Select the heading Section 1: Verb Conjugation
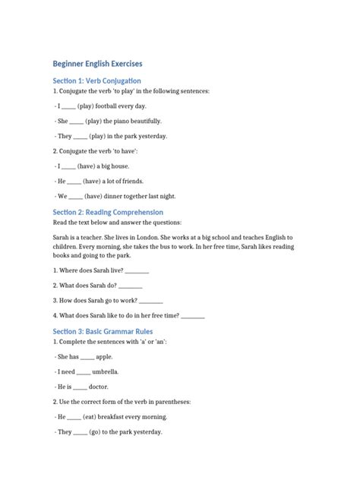click(96, 81)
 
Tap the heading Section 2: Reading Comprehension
click(108, 212)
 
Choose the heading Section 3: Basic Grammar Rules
click(102, 331)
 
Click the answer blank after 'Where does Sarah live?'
click(136, 271)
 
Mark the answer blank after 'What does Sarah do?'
click(131, 286)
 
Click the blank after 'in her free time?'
click(193, 315)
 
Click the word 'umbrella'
click(106, 372)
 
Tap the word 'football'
click(112, 106)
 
